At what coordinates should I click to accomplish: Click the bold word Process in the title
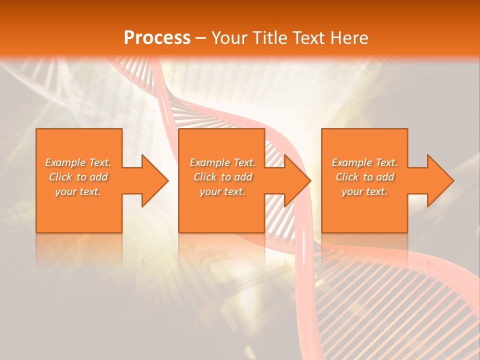click(157, 38)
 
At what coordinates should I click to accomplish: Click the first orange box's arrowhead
click(155, 180)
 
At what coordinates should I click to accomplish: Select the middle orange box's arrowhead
click(297, 180)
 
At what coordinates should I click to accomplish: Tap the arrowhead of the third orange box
click(440, 180)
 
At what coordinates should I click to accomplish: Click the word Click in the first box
click(61, 177)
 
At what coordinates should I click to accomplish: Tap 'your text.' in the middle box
click(222, 191)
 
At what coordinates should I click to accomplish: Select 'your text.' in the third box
click(364, 191)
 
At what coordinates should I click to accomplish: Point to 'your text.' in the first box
click(78, 191)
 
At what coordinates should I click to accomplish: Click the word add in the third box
click(385, 177)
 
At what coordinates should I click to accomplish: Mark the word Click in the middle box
click(205, 177)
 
